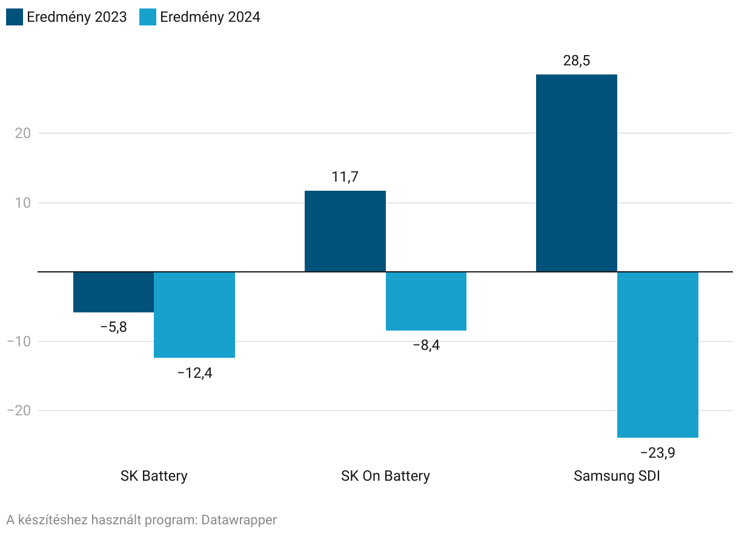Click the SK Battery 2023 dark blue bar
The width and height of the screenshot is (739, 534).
[x=113, y=292]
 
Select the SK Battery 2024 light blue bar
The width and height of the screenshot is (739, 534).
[x=194, y=315]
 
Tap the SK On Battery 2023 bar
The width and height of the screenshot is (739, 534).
[x=345, y=231]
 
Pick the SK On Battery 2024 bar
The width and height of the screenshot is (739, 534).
[x=426, y=301]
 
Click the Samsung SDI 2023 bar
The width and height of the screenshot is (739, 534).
[x=577, y=173]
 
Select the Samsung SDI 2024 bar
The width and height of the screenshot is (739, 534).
[x=658, y=354]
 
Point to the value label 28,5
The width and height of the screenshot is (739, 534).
[x=577, y=61]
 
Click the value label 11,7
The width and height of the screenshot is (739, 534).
[x=345, y=177]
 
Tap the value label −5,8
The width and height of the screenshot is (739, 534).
[x=113, y=328]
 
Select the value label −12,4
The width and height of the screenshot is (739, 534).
[x=194, y=373]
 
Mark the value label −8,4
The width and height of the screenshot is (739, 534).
[x=426, y=346]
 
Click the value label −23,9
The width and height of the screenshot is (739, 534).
[x=658, y=453]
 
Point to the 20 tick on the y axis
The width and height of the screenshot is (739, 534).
[x=22, y=133]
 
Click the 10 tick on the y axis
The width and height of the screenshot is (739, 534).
[x=22, y=203]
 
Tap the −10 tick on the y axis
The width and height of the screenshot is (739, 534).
[x=18, y=341]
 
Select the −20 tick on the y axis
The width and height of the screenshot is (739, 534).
[x=18, y=410]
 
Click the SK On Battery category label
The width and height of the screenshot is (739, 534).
[x=385, y=476]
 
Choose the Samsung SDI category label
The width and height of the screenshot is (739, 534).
[x=617, y=476]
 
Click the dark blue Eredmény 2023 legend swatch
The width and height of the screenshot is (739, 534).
[x=15, y=17]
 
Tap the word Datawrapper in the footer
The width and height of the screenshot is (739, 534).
[x=239, y=519]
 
